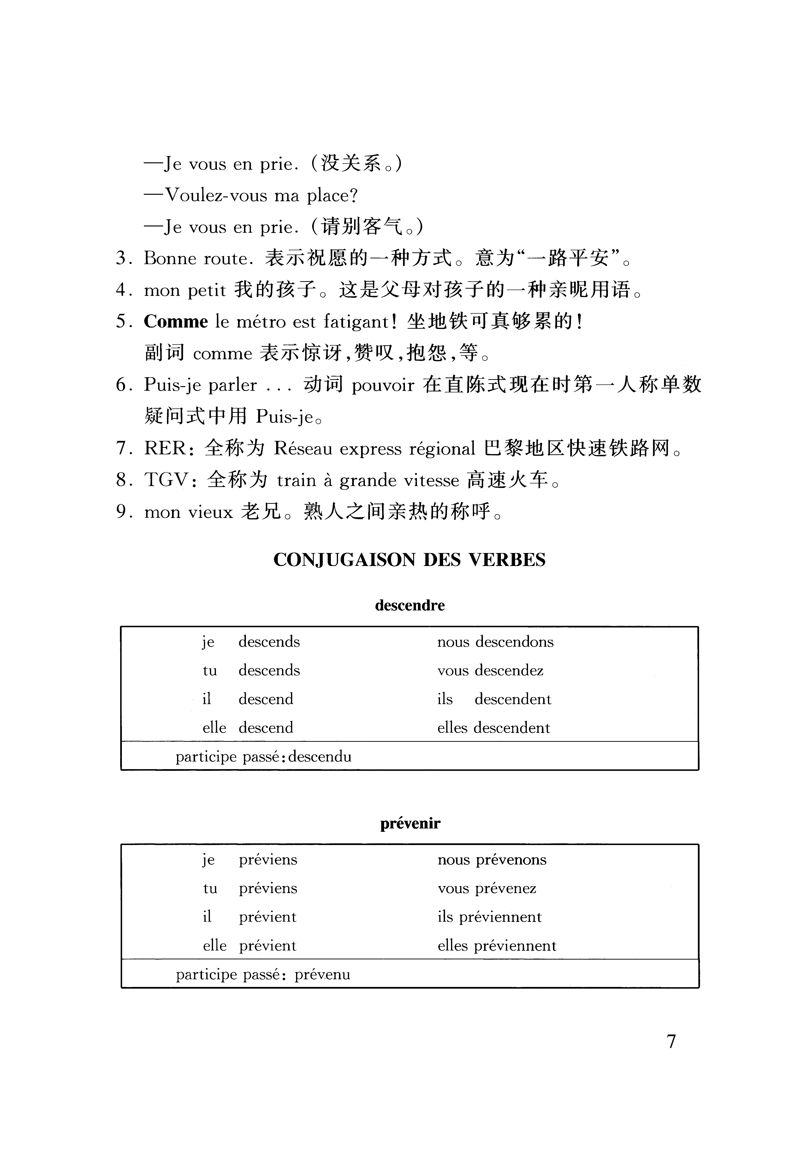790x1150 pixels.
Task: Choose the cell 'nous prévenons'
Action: (x=492, y=860)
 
